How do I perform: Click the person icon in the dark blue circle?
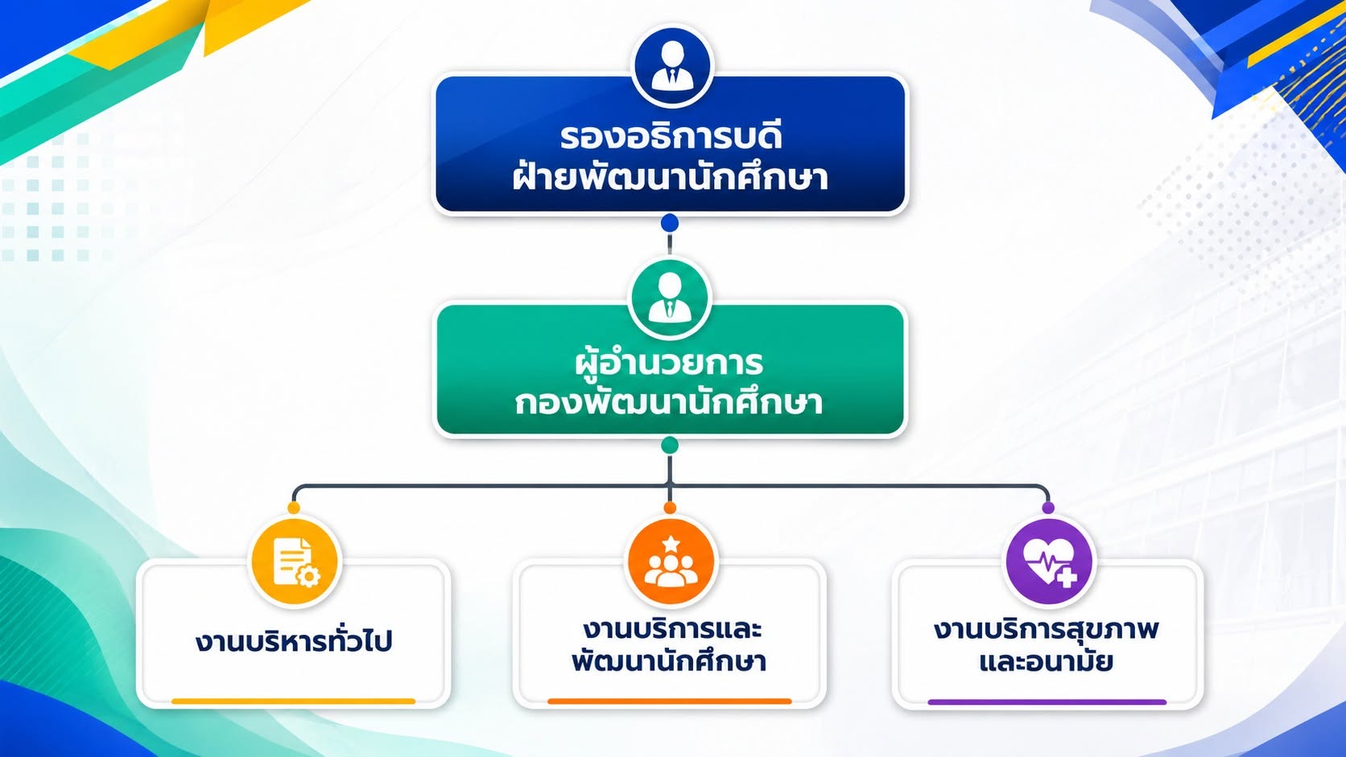[x=672, y=66]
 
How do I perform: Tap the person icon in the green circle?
[x=670, y=298]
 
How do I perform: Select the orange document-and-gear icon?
[x=295, y=562]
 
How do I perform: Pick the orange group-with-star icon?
[x=671, y=562]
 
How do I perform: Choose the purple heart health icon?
[x=1049, y=562]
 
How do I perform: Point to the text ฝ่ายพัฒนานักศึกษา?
[x=670, y=176]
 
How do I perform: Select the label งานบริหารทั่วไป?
[x=294, y=640]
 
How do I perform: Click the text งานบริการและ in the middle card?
[x=672, y=629]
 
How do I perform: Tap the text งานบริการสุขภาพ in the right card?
[x=1046, y=629]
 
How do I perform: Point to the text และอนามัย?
[x=1046, y=661]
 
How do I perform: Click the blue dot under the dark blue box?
[x=670, y=223]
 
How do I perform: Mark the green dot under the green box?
[x=670, y=446]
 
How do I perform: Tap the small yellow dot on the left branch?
[x=294, y=508]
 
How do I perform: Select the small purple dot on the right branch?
[x=1049, y=508]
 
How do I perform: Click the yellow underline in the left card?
[x=293, y=701]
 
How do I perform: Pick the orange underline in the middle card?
[x=670, y=701]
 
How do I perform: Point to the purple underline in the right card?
[x=1047, y=701]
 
